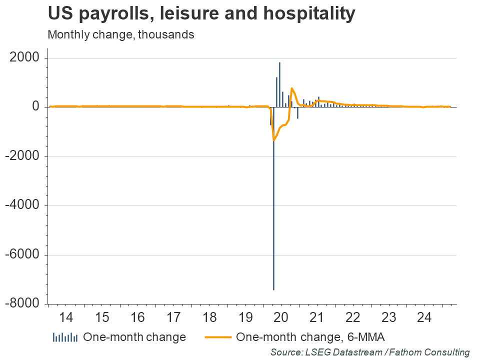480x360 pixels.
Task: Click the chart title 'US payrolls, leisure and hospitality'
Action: (x=201, y=14)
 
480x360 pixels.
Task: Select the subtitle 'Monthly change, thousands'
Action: (x=120, y=35)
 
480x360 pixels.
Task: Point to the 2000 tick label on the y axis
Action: (x=24, y=58)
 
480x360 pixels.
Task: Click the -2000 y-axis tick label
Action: (x=22, y=156)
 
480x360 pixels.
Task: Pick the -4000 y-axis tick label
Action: (x=22, y=205)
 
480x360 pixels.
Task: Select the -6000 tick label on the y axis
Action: (x=22, y=255)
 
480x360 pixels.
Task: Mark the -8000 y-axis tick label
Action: (x=22, y=304)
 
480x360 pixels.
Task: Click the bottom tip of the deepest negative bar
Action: (x=273, y=289)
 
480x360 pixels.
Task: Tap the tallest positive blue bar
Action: (x=279, y=63)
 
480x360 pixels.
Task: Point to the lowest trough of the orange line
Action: (x=273, y=140)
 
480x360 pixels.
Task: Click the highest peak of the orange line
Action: (x=291, y=88)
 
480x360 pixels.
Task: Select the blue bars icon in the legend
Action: (x=65, y=337)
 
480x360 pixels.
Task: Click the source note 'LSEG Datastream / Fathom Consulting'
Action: (x=370, y=352)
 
